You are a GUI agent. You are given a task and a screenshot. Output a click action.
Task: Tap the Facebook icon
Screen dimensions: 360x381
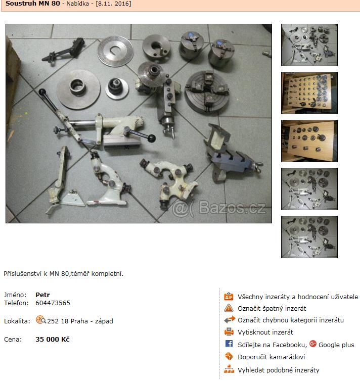coord(229,344)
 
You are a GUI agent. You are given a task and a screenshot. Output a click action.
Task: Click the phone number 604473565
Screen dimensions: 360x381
coord(53,303)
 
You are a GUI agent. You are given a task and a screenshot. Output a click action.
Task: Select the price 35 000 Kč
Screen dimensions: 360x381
coord(53,339)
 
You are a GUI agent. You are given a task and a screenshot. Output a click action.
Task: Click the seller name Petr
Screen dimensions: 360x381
coord(42,295)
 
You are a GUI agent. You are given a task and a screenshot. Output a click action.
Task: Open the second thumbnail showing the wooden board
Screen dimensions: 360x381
coord(309,93)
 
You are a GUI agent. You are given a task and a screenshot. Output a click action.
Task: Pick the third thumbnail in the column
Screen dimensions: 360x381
coord(309,141)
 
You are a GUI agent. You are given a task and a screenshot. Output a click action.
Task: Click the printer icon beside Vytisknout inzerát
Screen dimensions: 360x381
coord(229,331)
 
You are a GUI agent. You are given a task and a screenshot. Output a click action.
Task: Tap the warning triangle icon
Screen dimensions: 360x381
coord(229,308)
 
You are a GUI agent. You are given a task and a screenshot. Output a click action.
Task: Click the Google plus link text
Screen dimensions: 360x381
coord(336,345)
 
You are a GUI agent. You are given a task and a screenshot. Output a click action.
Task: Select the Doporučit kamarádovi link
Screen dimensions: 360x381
coord(272,357)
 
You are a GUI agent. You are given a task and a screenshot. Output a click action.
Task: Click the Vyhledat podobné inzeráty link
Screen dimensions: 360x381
coord(279,370)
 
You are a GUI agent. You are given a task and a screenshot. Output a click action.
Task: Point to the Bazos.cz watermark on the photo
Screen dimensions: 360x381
coord(219,208)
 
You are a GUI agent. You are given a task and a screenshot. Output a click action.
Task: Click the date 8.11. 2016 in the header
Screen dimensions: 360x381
coord(114,4)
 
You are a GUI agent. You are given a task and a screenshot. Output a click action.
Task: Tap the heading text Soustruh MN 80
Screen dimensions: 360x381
coord(33,4)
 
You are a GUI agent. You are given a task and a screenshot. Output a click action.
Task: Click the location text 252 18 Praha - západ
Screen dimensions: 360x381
coord(80,321)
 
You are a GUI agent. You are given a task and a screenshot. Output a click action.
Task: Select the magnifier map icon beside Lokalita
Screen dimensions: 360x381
coord(40,320)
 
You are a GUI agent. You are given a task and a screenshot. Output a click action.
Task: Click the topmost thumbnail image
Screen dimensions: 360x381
coord(309,45)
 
